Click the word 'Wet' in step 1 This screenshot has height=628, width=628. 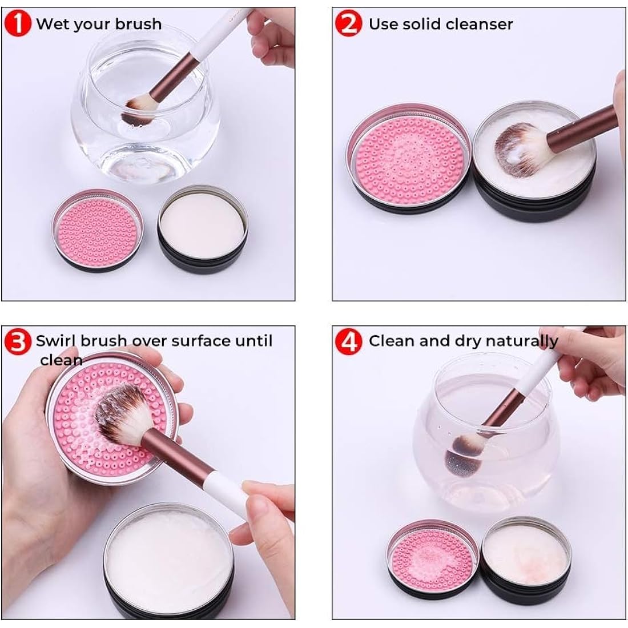click(x=50, y=24)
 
